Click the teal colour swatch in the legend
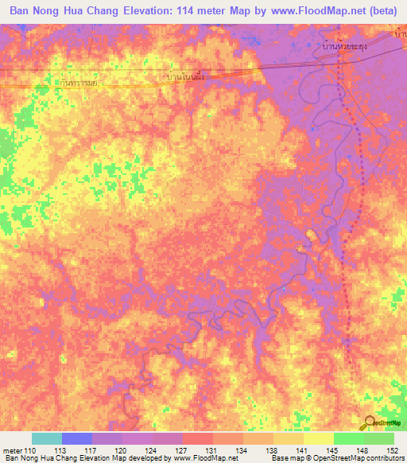(46, 438)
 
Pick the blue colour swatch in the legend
(76, 438)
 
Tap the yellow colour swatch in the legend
(318, 438)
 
